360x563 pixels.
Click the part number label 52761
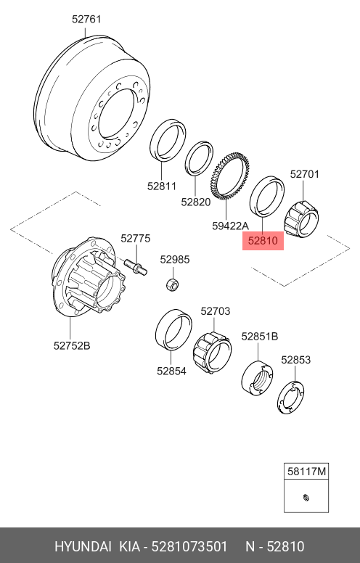86,19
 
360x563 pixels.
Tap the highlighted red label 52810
263,241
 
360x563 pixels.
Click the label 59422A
230,226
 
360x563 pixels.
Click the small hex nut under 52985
173,285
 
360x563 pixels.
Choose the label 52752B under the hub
72,346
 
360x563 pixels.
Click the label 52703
216,311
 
